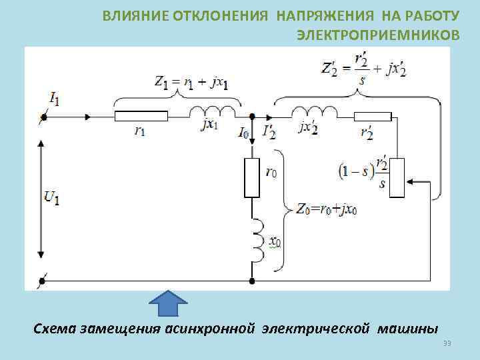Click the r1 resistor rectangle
coord(141,117)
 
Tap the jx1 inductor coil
coord(215,112)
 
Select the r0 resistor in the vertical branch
coord(252,178)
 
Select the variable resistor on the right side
coord(397,179)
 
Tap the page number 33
coord(447,343)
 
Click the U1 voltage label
coord(51,197)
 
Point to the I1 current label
coord(54,99)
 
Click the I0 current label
coord(244,132)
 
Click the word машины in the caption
coord(408,328)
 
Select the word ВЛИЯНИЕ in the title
coord(129,15)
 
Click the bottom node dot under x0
coord(252,282)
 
